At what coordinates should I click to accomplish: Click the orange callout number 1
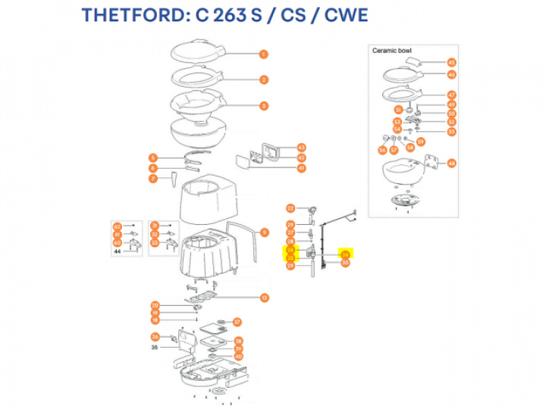click(x=263, y=54)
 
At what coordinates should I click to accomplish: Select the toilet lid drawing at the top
click(x=195, y=52)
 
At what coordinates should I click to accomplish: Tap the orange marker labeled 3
click(x=263, y=105)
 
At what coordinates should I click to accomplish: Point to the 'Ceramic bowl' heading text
click(x=391, y=51)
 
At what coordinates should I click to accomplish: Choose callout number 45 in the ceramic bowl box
click(x=451, y=63)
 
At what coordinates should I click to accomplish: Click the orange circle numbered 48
click(x=451, y=163)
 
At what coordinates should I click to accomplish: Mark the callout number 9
click(x=264, y=232)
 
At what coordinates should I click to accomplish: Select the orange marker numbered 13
click(x=264, y=298)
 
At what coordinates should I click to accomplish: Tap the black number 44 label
click(x=118, y=251)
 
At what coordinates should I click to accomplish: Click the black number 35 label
click(x=154, y=348)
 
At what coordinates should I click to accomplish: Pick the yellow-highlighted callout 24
click(x=345, y=255)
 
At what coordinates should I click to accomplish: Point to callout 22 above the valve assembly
click(x=290, y=208)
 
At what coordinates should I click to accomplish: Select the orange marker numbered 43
click(x=301, y=147)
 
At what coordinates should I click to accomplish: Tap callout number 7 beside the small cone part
click(x=152, y=179)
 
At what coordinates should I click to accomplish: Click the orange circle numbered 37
click(x=236, y=322)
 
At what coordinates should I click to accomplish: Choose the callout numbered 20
click(x=155, y=304)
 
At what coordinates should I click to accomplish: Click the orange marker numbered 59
click(x=421, y=141)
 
